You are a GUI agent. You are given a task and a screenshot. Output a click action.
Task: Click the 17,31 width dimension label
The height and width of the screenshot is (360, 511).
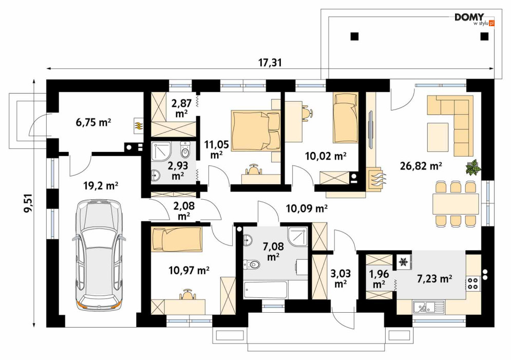click(x=270, y=62)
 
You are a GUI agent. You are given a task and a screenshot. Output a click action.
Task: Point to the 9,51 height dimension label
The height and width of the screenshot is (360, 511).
click(x=29, y=203)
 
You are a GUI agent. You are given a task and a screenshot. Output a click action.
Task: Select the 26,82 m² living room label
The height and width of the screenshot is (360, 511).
click(x=421, y=166)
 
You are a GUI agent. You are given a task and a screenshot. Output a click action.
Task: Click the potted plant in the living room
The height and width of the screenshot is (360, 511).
click(x=473, y=168)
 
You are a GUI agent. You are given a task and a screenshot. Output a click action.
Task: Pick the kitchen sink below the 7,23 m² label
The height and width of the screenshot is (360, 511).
click(x=428, y=307)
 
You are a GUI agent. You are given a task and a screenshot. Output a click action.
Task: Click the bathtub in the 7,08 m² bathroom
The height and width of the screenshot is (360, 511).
click(x=266, y=290)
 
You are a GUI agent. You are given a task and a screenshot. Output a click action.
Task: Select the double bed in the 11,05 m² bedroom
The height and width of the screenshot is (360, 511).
click(x=256, y=131)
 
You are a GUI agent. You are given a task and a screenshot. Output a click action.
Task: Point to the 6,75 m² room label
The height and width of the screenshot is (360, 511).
click(x=93, y=123)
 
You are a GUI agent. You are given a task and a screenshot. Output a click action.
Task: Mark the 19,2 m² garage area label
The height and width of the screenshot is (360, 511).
click(x=100, y=186)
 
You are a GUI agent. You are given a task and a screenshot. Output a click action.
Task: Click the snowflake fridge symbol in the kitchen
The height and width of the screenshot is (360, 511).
click(x=404, y=261)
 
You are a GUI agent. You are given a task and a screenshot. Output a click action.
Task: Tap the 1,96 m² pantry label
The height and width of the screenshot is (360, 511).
click(x=378, y=279)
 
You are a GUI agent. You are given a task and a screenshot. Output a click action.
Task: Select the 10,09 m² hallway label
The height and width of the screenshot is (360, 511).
click(x=306, y=208)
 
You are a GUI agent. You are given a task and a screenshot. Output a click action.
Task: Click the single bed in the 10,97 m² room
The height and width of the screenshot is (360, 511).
click(x=176, y=239)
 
